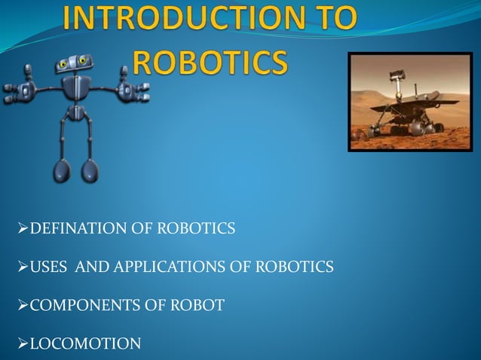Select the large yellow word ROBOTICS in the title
(x=210, y=63)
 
